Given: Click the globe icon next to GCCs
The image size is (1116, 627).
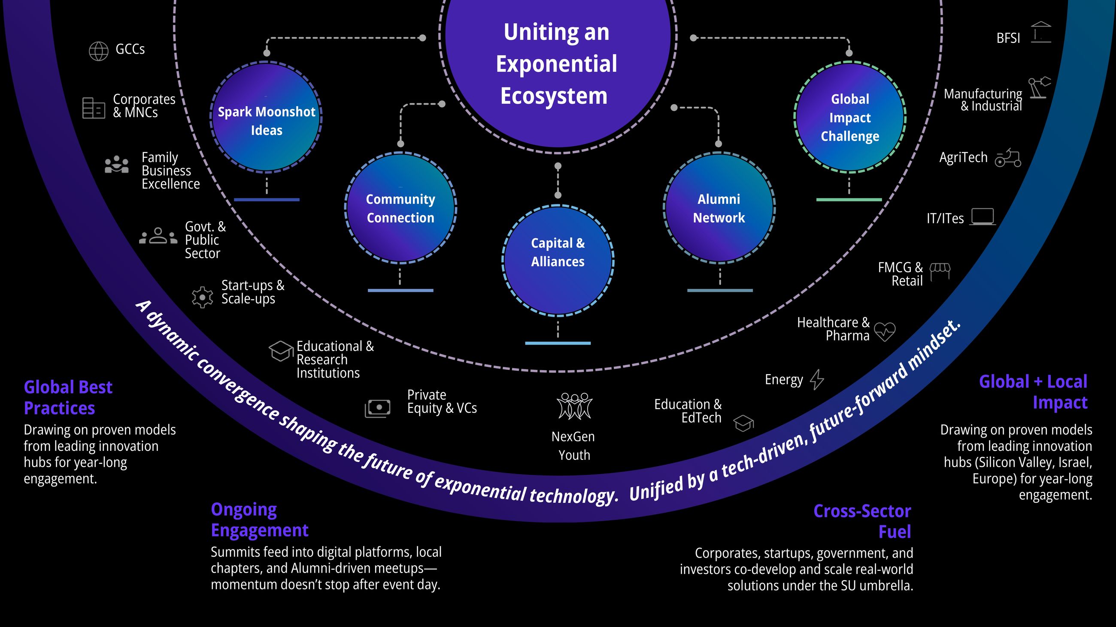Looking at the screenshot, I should coord(98,51).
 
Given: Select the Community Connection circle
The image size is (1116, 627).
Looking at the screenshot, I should coord(400,208).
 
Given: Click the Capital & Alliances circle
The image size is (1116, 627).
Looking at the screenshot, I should coord(558,260).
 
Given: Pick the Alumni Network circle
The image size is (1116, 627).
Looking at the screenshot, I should coord(719,208).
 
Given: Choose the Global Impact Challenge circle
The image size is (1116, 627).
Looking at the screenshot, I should coord(849,117).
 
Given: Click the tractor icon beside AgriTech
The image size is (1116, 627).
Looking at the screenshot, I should coord(1008,159).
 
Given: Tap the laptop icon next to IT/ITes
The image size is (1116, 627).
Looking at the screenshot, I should coord(982,217).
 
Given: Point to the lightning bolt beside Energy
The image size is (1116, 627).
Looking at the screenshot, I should coord(817,379).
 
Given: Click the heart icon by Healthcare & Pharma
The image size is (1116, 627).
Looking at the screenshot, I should coord(884,331).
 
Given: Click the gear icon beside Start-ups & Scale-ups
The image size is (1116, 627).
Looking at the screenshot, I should coord(202,297).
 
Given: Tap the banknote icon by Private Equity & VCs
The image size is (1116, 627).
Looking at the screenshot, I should coord(377,408).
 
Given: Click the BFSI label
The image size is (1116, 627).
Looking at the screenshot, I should coord(1008,39).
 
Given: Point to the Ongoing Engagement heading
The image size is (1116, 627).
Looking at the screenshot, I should coord(260,520).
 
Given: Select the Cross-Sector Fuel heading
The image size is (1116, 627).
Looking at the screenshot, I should coord(862,521).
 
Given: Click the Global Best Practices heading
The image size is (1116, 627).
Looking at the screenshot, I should coord(68,397).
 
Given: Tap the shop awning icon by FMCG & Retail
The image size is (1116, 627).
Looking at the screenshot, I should coord(940,271).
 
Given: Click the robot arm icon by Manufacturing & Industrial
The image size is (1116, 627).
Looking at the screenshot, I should coord(1039,88).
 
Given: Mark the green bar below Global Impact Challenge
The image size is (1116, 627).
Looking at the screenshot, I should coord(849,199).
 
